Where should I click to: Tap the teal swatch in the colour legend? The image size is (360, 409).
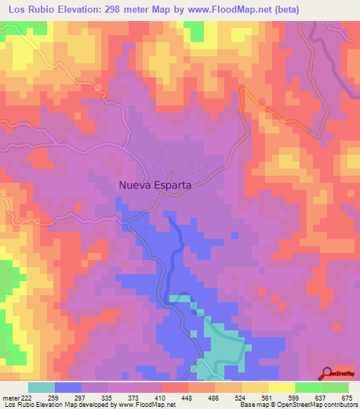(x=41, y=387)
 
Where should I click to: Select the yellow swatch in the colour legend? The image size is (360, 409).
(x=281, y=387)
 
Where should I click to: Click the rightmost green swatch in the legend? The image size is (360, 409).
(x=335, y=387)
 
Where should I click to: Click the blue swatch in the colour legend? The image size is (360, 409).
(x=67, y=387)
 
